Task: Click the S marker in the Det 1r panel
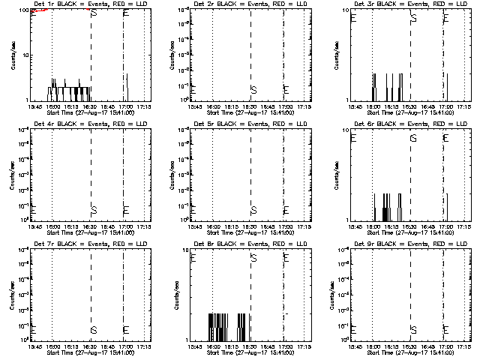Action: coord(93,13)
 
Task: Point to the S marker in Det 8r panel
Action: coord(253,258)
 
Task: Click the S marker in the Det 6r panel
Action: coord(413,138)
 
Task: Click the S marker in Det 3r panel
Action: coord(413,18)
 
